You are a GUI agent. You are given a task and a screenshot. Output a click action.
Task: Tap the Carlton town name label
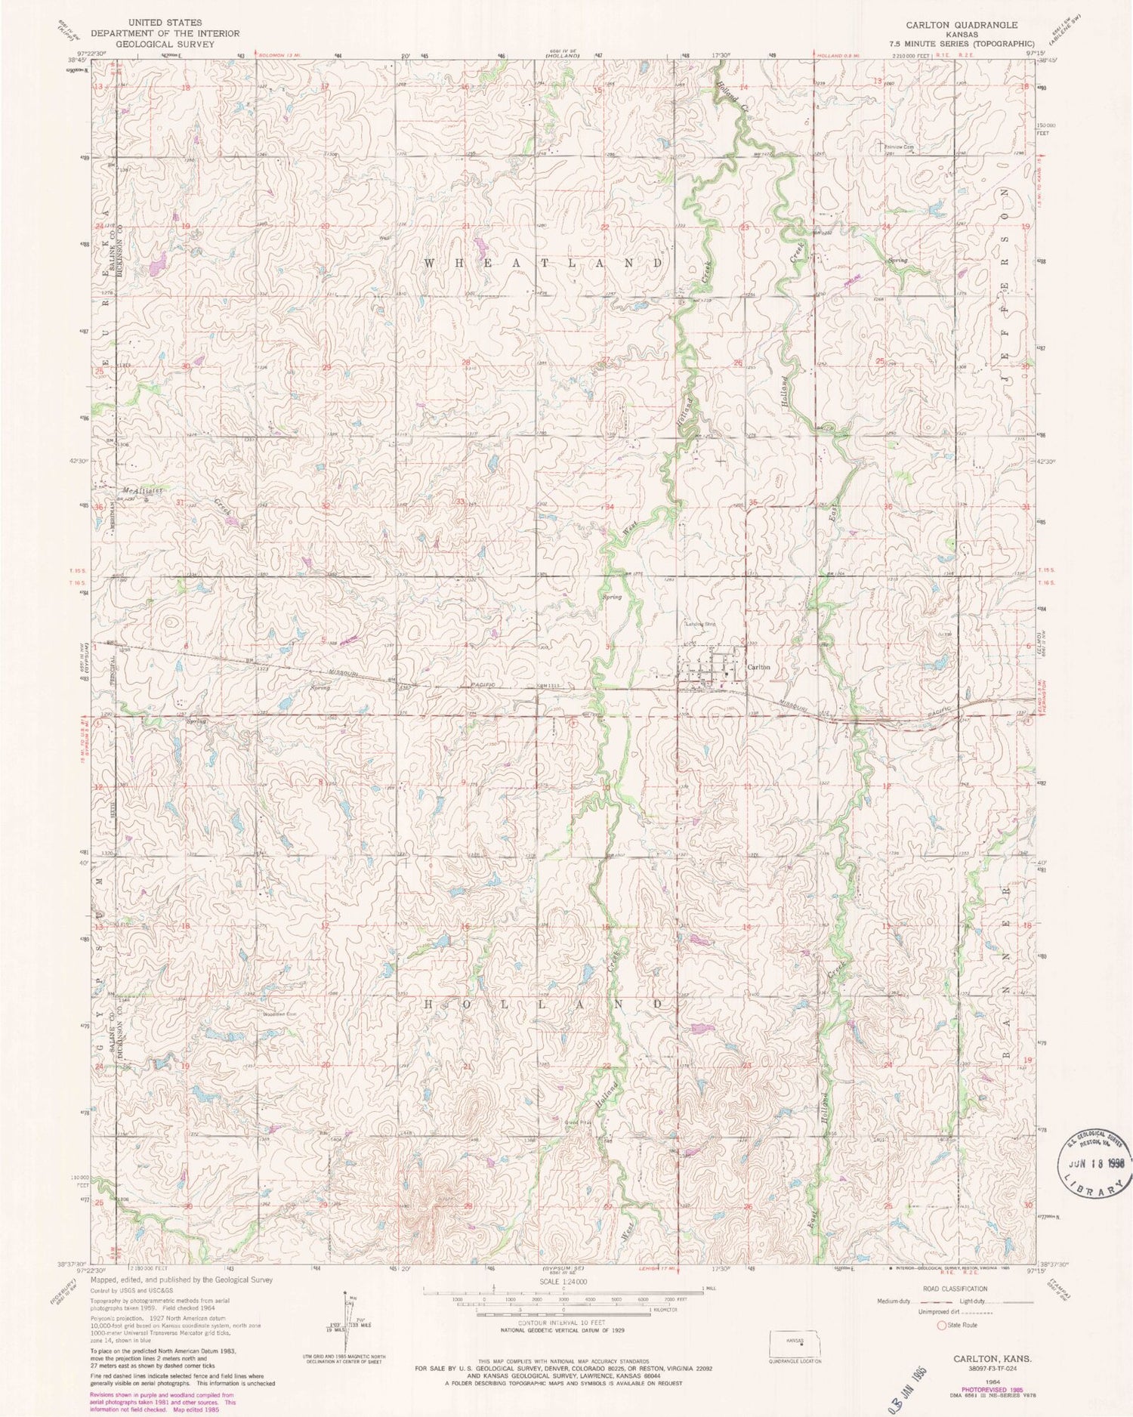[758, 668]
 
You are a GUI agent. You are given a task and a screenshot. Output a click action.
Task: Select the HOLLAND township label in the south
[544, 1005]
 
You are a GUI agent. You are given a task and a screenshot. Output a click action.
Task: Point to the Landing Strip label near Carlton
[699, 624]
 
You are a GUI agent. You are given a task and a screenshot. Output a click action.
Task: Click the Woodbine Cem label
[278, 1014]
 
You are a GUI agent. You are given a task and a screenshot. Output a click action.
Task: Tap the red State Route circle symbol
[941, 1325]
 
